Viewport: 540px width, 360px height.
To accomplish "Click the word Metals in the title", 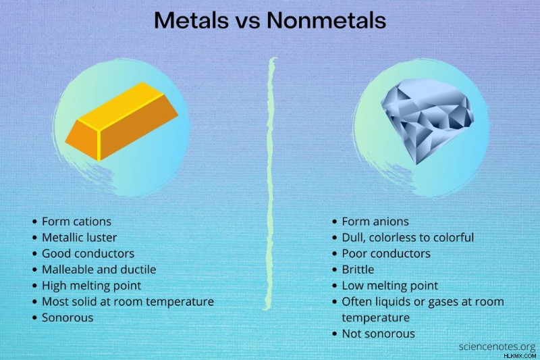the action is point(191,20).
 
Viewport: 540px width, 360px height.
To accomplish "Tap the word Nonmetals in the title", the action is point(326,20).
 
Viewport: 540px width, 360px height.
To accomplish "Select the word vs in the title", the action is point(248,22).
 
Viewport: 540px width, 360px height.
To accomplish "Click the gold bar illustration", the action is point(122,122).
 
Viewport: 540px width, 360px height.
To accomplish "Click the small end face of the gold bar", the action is point(82,139).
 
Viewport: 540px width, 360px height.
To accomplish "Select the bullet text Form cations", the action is point(76,222).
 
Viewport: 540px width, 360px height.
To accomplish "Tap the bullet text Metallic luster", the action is point(80,237).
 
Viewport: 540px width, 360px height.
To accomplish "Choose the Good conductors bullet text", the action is point(88,253).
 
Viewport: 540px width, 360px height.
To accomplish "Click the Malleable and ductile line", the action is point(99,269).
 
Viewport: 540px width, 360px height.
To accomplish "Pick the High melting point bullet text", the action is point(92,286).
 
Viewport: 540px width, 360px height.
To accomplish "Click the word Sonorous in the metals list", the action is point(67,317).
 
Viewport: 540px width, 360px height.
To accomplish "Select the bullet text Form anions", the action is point(375,222).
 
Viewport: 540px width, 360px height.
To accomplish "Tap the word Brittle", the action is point(358,269).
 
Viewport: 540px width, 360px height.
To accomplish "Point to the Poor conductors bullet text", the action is point(386,253).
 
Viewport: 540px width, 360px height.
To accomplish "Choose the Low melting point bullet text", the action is point(390,286).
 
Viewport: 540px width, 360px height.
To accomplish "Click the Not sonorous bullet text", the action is point(378,334).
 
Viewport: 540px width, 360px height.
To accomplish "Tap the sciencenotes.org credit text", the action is point(497,346).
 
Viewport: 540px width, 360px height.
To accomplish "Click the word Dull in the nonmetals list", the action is point(352,237).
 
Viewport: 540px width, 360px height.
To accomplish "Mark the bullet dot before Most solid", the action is point(34,302).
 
